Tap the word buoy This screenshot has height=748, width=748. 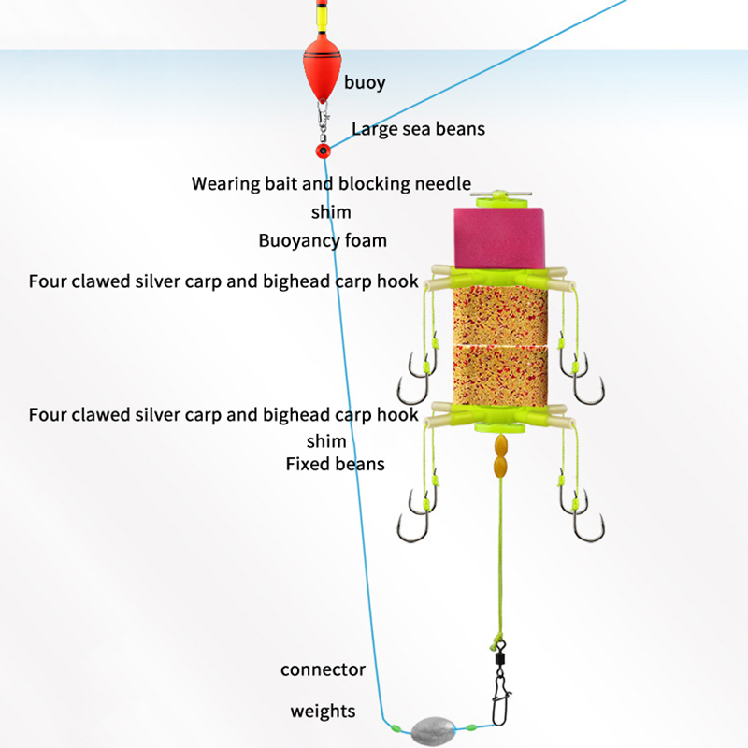click(x=365, y=83)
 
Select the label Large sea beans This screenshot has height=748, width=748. click(x=418, y=129)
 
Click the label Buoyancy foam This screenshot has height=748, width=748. click(x=323, y=241)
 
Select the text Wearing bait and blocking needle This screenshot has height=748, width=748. click(x=331, y=183)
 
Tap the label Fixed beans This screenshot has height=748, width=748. click(x=335, y=463)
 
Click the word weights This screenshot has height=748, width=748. click(x=323, y=712)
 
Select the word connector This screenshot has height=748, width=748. click(x=323, y=669)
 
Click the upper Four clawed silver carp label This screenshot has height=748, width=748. click(x=223, y=280)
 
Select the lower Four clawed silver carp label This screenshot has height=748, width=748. click(x=223, y=415)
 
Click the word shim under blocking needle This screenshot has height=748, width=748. click(x=331, y=212)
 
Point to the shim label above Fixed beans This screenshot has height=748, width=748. click(x=326, y=440)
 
